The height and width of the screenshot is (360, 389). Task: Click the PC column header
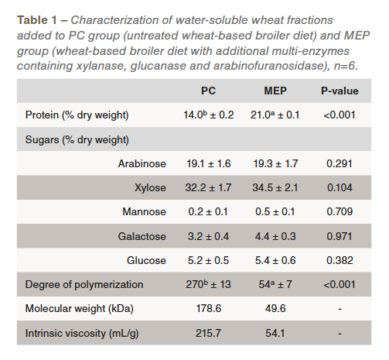tap(208, 91)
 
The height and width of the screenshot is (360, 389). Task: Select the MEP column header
tap(275, 91)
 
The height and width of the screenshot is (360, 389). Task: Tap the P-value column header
tap(340, 91)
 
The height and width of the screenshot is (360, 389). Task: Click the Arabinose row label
tap(142, 163)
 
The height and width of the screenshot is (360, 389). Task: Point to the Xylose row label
tap(150, 187)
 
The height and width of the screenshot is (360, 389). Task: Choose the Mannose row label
tap(144, 211)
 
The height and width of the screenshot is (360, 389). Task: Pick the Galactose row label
tap(142, 236)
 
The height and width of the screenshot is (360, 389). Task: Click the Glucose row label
tap(146, 260)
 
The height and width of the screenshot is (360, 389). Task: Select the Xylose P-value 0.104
tap(340, 187)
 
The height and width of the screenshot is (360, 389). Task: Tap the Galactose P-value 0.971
tap(340, 236)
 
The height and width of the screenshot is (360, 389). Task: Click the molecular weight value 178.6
tap(209, 308)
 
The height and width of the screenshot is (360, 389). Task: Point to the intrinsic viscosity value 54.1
tap(275, 333)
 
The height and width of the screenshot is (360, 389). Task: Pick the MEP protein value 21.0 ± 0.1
tap(275, 115)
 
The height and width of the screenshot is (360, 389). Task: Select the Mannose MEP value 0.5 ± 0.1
tap(275, 211)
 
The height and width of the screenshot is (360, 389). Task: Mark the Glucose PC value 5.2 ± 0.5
tap(208, 260)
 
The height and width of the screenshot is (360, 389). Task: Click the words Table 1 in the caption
tap(37, 20)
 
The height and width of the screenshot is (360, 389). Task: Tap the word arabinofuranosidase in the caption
tap(271, 66)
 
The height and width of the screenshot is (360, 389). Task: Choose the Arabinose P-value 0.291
tap(340, 163)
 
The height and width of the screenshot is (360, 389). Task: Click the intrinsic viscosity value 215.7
tap(208, 333)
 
